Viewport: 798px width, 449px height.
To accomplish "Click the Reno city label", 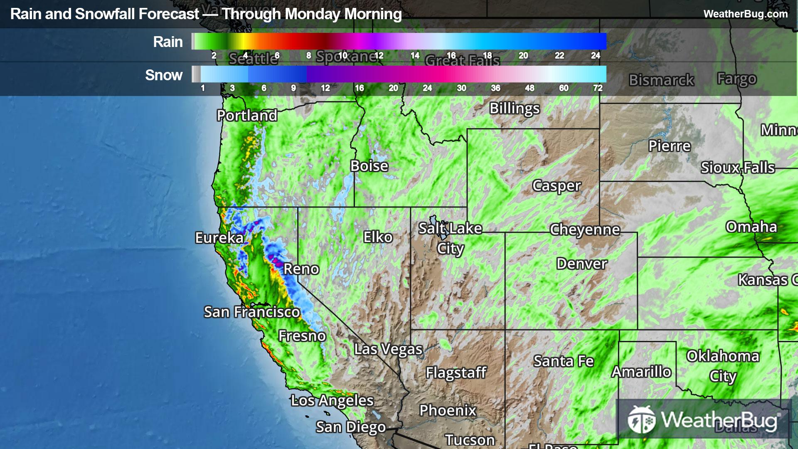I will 301,269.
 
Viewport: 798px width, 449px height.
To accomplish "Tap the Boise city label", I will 369,166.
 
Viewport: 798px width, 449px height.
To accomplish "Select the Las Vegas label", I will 388,349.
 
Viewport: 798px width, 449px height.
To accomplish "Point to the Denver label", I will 581,264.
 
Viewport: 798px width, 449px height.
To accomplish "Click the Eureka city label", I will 219,238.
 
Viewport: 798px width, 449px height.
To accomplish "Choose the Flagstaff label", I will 456,373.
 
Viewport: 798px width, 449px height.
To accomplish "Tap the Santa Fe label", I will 563,361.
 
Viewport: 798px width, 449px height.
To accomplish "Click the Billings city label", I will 514,109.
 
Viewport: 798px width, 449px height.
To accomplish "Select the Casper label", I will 556,186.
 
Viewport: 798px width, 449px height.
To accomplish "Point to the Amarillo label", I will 641,372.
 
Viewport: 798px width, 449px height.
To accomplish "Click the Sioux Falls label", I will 737,168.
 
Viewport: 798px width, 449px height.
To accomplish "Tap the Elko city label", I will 377,237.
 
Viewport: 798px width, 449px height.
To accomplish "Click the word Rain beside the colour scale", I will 167,42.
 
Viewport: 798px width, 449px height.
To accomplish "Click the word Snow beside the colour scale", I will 164,75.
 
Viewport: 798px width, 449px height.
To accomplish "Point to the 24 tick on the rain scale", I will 595,56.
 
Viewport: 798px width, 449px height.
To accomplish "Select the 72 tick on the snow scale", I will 598,88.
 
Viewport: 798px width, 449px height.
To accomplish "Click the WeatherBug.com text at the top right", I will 745,14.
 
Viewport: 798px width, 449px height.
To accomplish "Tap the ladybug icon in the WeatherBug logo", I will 641,419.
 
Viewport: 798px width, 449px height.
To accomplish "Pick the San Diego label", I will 350,427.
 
